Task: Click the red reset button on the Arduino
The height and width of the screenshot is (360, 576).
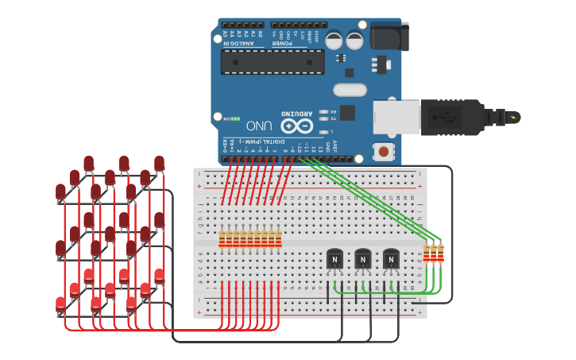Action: [x=384, y=151]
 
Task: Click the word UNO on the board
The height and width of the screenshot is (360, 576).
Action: [x=259, y=126]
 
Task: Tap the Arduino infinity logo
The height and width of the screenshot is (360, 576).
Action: [x=296, y=126]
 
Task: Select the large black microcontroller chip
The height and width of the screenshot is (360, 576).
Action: [x=273, y=61]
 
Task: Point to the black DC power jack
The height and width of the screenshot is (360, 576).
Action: [x=389, y=37]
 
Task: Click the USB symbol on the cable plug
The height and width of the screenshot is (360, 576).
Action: [x=444, y=117]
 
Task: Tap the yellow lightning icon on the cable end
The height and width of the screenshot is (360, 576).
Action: [x=513, y=118]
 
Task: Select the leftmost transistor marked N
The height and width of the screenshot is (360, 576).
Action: [x=334, y=259]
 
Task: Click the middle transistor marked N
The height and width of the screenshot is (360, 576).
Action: [x=362, y=259]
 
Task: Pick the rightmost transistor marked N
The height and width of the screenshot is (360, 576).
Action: [x=391, y=259]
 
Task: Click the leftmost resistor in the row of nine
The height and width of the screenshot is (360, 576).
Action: [x=222, y=238]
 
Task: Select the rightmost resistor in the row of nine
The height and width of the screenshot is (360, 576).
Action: [x=278, y=238]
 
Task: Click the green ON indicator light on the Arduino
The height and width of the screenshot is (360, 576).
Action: [x=236, y=118]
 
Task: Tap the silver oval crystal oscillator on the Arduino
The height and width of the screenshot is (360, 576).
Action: [x=350, y=90]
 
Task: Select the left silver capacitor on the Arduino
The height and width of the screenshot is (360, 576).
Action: [x=334, y=40]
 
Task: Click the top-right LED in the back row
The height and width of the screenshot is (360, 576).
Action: [x=159, y=164]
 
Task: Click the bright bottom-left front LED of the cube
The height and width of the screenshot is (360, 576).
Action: [x=61, y=304]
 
